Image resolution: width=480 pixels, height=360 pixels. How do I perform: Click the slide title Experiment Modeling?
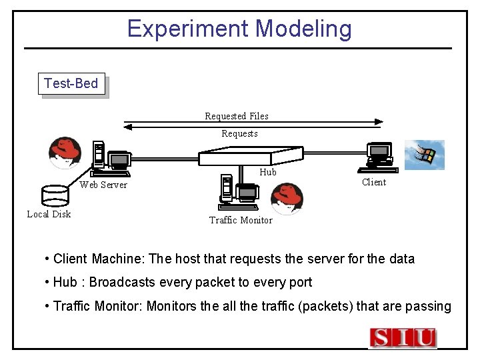(239, 29)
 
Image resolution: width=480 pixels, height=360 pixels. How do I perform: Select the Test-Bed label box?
(71, 84)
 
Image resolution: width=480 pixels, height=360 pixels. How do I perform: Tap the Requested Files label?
(237, 116)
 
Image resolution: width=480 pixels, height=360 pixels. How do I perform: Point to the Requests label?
(239, 133)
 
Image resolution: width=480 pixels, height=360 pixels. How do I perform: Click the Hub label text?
(267, 172)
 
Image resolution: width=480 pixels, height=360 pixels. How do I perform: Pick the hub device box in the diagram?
(243, 157)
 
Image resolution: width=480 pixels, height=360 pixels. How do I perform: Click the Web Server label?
(103, 185)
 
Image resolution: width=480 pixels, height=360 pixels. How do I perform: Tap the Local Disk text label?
(49, 214)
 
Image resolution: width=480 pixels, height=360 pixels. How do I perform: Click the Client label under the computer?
(373, 182)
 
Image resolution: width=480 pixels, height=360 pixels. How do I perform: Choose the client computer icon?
(378, 155)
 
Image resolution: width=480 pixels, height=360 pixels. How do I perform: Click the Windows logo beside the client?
(425, 155)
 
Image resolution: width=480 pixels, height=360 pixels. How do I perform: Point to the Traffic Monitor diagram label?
(241, 220)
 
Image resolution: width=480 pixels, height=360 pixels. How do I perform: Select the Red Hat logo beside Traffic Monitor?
(287, 199)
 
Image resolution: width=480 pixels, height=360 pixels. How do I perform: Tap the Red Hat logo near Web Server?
(65, 153)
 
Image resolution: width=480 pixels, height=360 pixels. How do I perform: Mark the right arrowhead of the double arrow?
(379, 122)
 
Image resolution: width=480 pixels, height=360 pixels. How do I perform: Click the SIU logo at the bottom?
(403, 338)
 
